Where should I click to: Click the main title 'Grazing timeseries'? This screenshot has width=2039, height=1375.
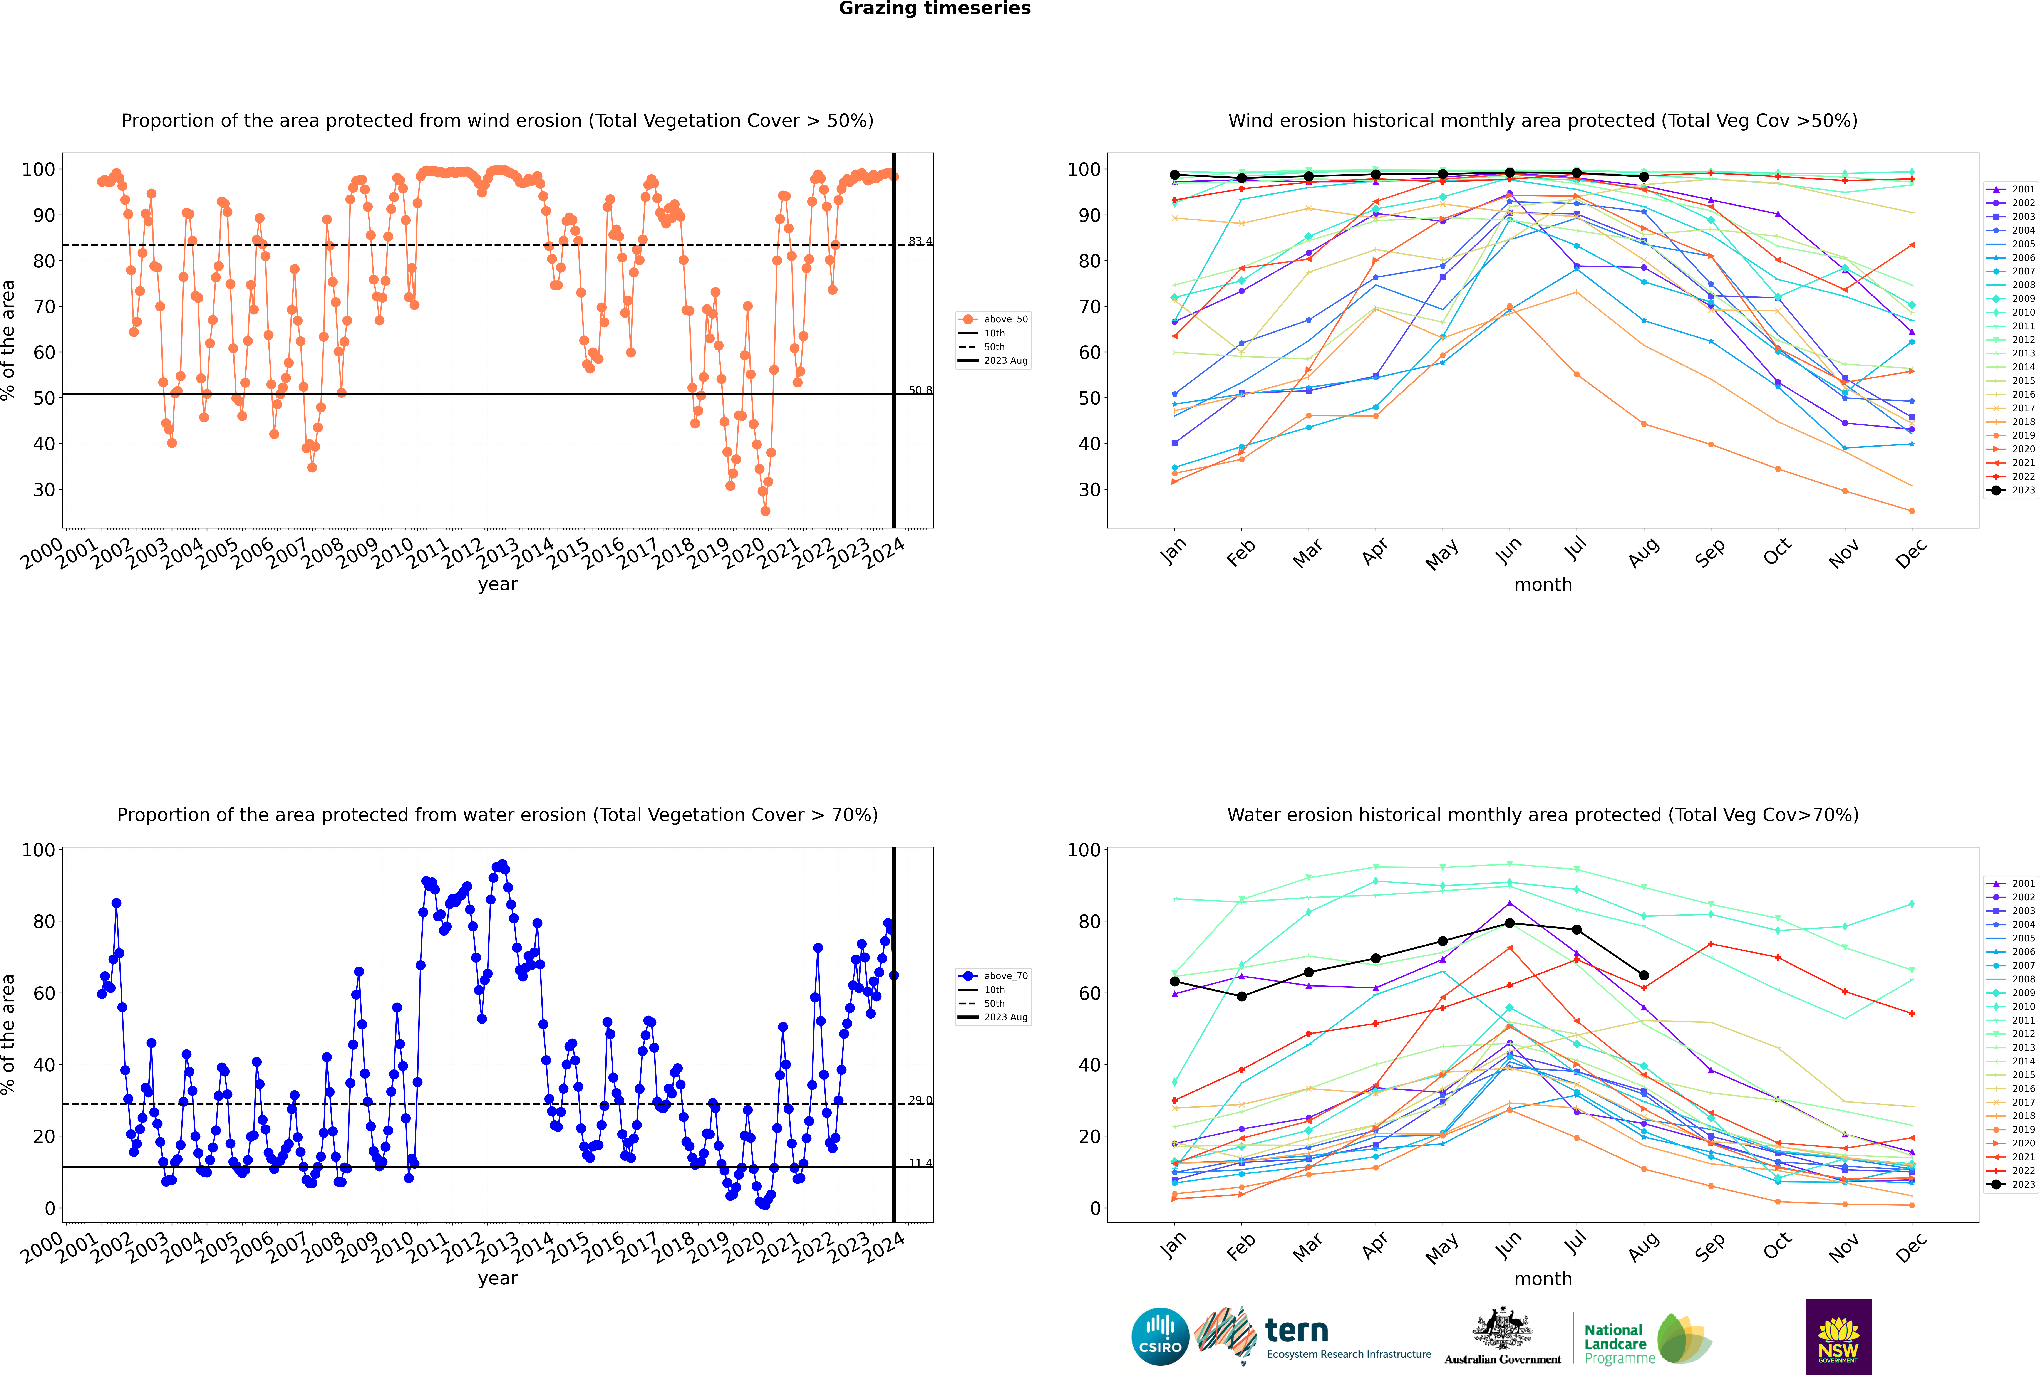[x=935, y=9]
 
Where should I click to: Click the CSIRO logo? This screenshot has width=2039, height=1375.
[x=1160, y=1336]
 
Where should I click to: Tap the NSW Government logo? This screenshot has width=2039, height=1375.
[x=1838, y=1336]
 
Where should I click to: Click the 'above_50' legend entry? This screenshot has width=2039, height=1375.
[x=993, y=319]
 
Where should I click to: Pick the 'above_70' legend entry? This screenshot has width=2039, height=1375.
[x=993, y=976]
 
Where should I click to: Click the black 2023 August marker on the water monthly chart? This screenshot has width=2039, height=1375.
[x=1644, y=975]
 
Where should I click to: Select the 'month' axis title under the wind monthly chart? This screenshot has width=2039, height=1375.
[x=1543, y=585]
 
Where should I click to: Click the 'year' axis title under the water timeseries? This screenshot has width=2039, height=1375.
[x=498, y=1279]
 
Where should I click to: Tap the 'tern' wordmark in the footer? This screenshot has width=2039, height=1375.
[x=1297, y=1331]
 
